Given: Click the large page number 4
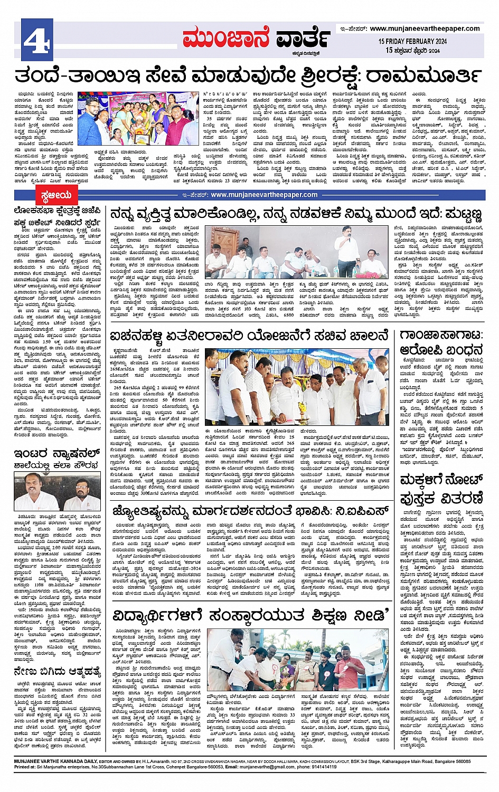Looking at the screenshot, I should [36, 40].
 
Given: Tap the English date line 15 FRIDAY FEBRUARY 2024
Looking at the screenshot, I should [412, 41].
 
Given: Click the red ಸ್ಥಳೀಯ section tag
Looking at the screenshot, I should [57, 196].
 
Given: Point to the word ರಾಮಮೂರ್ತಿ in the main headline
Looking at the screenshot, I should [423, 75].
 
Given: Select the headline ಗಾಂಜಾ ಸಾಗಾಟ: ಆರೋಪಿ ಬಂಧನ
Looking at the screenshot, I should [441, 343].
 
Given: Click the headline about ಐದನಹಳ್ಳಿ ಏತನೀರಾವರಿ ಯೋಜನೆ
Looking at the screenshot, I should [249, 336].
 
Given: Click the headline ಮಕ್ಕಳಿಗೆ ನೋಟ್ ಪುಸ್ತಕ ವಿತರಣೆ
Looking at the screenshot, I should [441, 488].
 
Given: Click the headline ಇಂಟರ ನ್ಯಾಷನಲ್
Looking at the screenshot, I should [57, 453].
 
